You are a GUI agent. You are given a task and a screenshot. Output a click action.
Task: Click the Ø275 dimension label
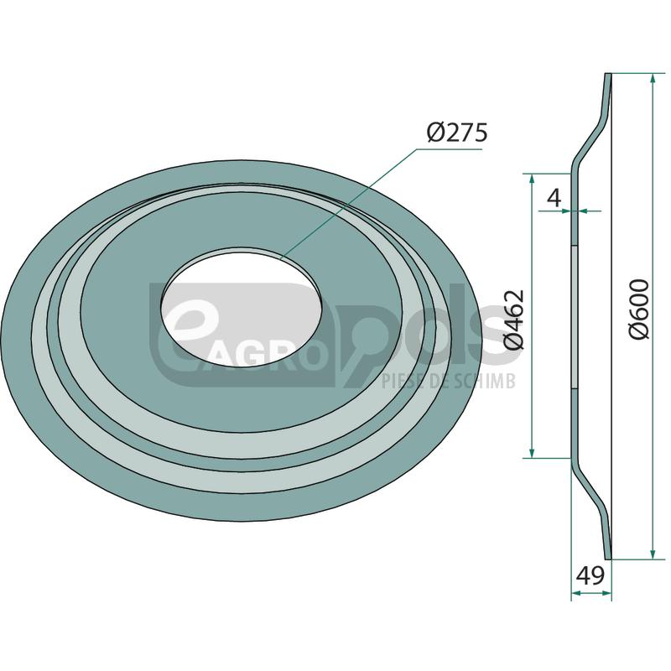tap(456, 133)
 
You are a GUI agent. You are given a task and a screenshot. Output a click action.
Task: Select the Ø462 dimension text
tap(513, 319)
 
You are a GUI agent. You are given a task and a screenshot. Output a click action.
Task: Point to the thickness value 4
tap(553, 197)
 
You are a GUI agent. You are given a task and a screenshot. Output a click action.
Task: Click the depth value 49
tap(590, 576)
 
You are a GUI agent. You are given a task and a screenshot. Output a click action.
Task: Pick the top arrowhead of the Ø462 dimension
tap(531, 179)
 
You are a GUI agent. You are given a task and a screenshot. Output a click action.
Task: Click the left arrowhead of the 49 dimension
tap(576, 595)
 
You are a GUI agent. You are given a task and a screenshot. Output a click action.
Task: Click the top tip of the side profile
tap(608, 75)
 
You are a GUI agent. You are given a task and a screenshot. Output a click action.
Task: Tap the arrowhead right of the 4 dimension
tap(581, 211)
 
